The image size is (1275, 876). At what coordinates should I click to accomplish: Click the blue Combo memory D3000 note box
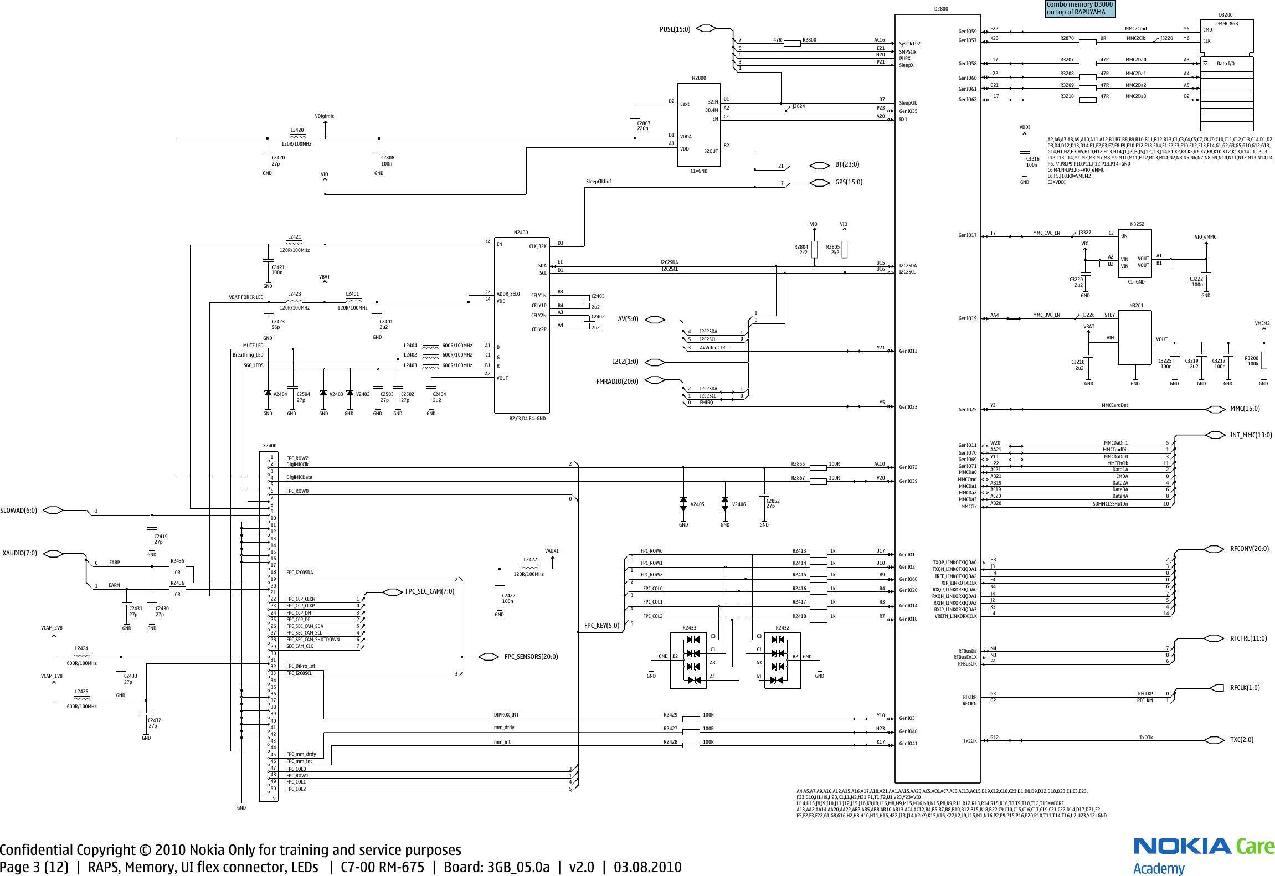click(x=1079, y=8)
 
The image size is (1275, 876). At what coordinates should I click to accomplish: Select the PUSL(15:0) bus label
click(x=675, y=29)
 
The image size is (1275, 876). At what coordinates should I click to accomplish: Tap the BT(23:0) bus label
click(x=847, y=164)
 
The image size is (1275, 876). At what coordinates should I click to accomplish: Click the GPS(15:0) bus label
click(x=849, y=182)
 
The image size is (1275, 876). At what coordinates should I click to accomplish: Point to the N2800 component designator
click(x=698, y=78)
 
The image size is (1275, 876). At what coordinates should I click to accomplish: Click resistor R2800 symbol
click(x=792, y=43)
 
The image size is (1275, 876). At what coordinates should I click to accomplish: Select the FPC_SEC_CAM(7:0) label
click(x=429, y=591)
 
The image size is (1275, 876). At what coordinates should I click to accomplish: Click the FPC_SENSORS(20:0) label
click(x=531, y=657)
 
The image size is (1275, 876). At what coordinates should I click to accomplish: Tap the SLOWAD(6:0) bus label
click(x=18, y=511)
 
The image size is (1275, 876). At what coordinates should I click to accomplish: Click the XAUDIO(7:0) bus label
click(x=19, y=553)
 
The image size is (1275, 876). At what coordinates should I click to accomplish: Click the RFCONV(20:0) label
click(x=1249, y=549)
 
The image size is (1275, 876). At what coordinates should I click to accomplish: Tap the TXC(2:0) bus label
click(x=1241, y=740)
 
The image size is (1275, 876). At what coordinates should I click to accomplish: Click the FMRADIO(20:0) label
click(x=617, y=382)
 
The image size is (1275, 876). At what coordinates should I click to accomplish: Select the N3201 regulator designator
click(x=1136, y=306)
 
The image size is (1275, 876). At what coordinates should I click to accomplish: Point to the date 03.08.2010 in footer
click(x=647, y=867)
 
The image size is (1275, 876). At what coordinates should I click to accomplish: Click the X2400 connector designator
click(x=269, y=446)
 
